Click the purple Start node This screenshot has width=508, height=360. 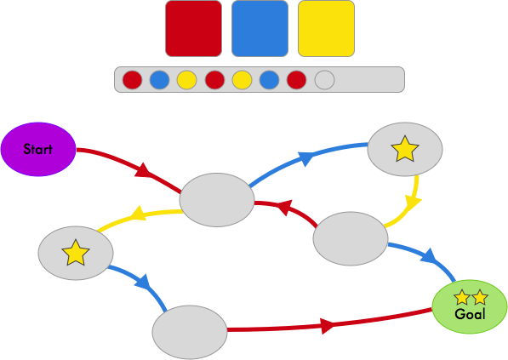tap(38, 149)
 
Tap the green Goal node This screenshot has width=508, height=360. tap(470, 306)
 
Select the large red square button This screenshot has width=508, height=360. tap(194, 29)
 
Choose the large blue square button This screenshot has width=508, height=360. tap(260, 29)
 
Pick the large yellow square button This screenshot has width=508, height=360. tap(326, 29)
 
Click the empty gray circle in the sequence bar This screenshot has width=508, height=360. tap(324, 80)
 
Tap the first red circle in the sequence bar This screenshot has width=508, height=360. tap(132, 80)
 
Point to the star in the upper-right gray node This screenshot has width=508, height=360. tap(405, 149)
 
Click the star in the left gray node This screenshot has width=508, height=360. tap(76, 253)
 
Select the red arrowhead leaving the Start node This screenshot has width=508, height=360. tap(143, 171)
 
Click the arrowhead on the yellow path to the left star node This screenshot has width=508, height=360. tap(139, 214)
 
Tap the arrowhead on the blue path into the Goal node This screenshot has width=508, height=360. tap(429, 256)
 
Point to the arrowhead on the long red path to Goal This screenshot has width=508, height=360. tap(328, 326)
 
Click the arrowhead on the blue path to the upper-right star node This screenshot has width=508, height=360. tap(305, 157)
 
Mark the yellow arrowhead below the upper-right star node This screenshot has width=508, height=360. tap(413, 203)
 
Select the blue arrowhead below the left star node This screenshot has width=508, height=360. tap(143, 282)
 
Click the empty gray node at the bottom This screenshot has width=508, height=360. tap(190, 332)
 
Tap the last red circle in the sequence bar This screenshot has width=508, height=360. tap(296, 80)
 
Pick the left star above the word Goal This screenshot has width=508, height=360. tap(462, 298)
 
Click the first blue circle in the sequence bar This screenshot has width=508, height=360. tap(159, 80)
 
